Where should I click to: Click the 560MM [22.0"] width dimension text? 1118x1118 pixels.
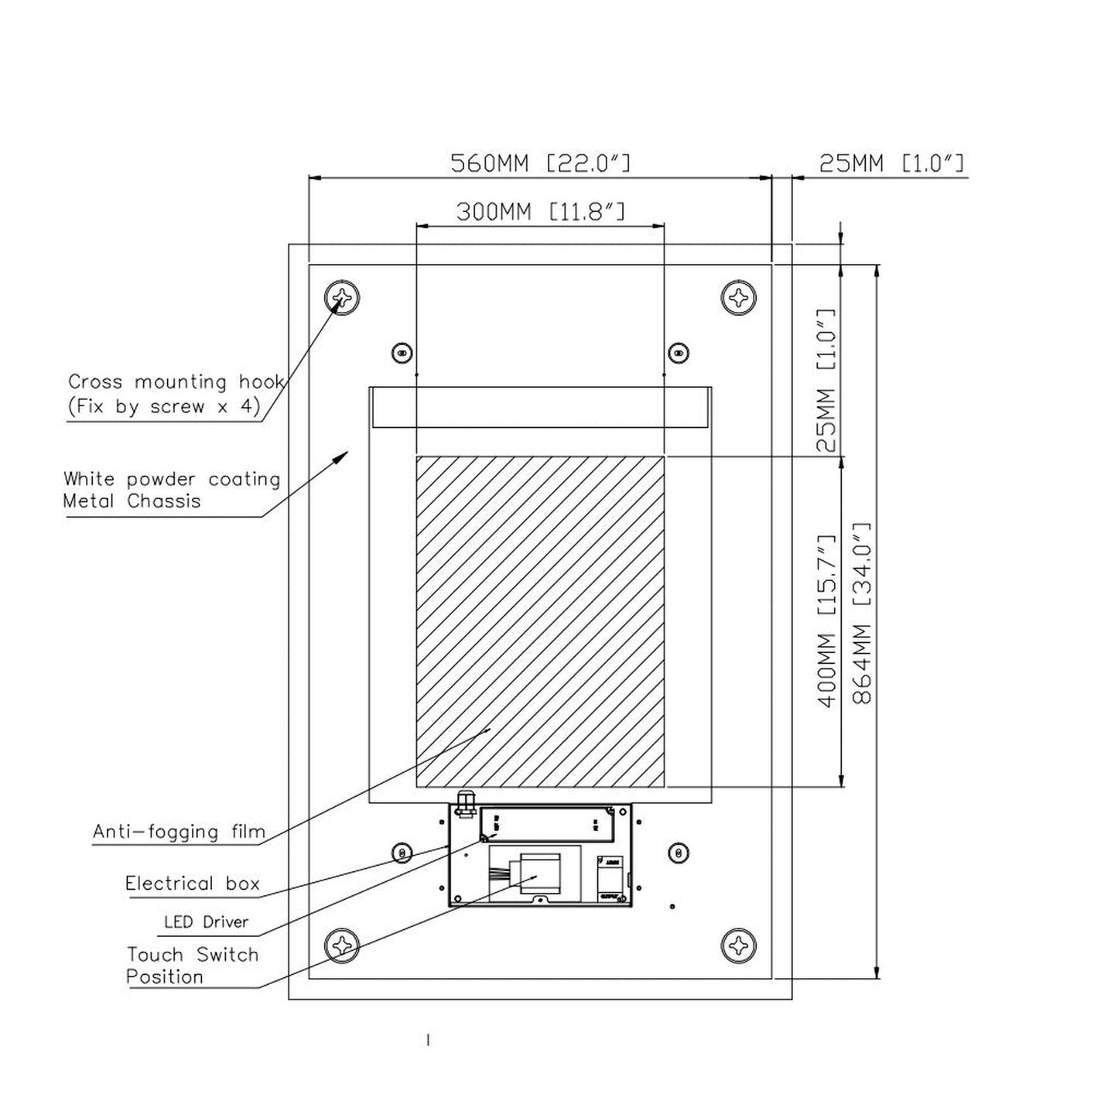(540, 163)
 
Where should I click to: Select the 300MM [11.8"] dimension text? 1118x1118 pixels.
(540, 211)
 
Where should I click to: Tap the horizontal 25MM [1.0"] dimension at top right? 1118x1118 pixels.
(891, 163)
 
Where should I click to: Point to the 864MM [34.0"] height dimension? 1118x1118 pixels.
(862, 613)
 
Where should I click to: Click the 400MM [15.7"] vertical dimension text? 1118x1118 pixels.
(826, 621)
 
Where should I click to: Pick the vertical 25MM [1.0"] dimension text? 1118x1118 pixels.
(826, 380)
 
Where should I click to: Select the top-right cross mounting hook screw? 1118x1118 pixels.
(739, 297)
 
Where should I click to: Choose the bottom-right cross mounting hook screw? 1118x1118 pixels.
(739, 945)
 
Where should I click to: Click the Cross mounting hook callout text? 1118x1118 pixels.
(176, 394)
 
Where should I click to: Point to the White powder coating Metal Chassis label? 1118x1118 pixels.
(171, 490)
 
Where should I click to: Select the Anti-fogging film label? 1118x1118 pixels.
(179, 832)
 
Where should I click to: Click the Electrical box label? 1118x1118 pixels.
(193, 884)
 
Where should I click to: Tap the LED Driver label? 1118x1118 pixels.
(206, 921)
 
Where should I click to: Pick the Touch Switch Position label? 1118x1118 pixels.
(192, 966)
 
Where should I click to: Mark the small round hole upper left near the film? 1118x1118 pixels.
(401, 353)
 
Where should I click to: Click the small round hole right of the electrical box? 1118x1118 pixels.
(679, 853)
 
